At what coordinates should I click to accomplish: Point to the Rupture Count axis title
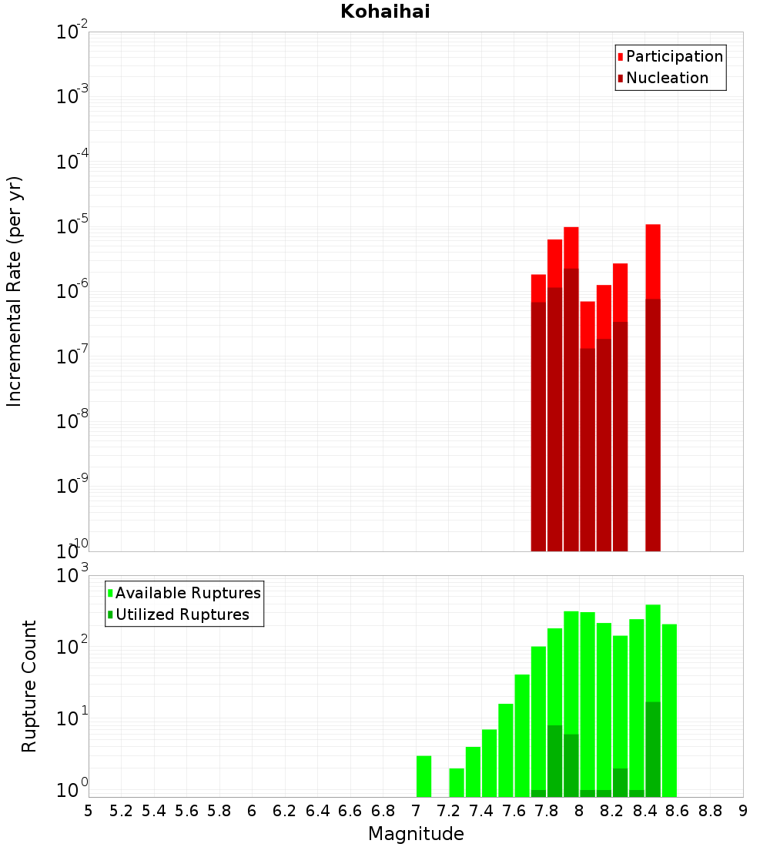[x=29, y=686]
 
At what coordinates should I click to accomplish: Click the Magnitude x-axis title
[x=416, y=834]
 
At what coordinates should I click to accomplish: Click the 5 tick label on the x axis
[x=89, y=811]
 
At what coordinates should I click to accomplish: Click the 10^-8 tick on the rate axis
[x=72, y=421]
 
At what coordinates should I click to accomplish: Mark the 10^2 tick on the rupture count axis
[x=72, y=646]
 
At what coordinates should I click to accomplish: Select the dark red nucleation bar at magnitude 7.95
[x=571, y=408]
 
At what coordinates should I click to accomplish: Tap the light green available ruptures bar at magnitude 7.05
[x=423, y=776]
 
